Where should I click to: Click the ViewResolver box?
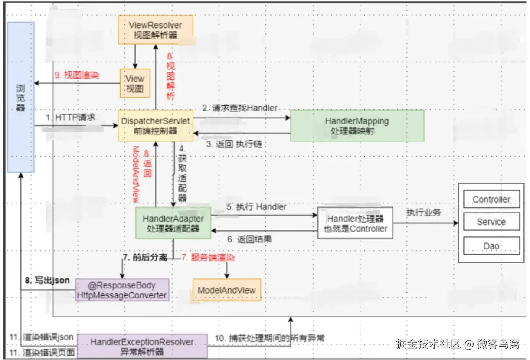tap(156, 29)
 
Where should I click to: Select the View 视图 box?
tap(135, 83)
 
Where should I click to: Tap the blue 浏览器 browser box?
tap(20, 98)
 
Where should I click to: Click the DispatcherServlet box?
tap(155, 125)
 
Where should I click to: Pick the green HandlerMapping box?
tap(357, 125)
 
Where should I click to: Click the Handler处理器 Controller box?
tap(355, 223)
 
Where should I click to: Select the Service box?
tap(491, 222)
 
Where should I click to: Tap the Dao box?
tap(491, 246)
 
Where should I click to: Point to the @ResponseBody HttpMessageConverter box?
tap(122, 290)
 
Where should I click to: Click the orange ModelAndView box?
tap(226, 290)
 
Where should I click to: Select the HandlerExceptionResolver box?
tap(142, 347)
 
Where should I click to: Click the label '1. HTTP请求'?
tap(71, 118)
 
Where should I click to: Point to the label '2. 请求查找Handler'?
tap(239, 108)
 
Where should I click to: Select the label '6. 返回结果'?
tap(249, 239)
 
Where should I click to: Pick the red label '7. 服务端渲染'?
tap(208, 258)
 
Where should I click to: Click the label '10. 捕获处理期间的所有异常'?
tap(270, 338)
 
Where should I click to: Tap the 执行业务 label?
tap(423, 213)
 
